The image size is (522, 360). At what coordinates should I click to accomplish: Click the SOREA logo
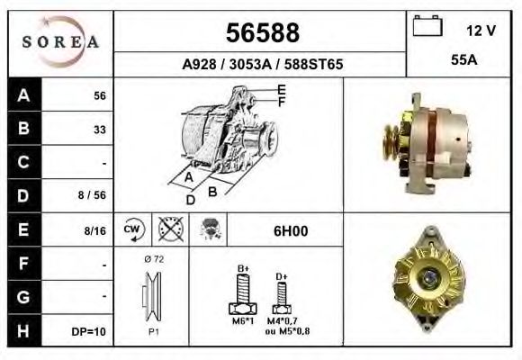61,42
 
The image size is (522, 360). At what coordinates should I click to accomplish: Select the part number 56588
261,34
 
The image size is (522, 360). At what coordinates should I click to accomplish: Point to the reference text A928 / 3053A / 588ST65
262,65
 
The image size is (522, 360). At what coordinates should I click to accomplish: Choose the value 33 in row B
99,130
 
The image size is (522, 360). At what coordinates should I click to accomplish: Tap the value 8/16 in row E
94,230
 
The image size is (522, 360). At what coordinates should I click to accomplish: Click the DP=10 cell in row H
90,331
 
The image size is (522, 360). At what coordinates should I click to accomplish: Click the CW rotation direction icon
132,230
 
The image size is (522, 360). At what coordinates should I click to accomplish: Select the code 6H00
291,231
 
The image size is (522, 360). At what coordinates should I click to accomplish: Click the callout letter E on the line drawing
282,88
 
